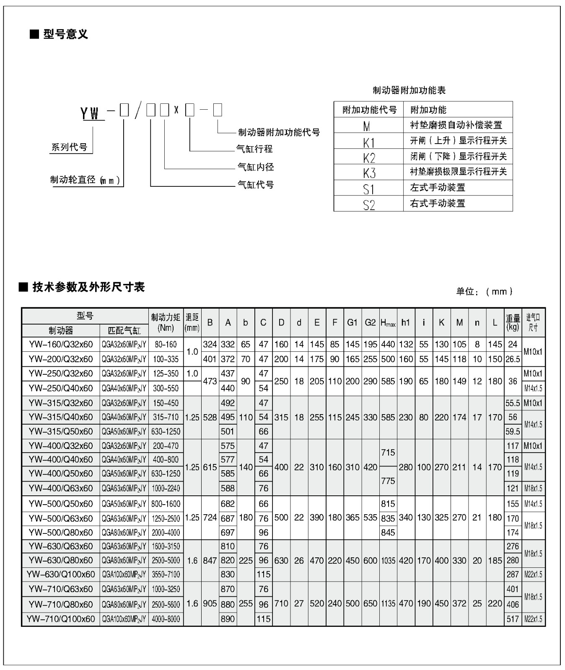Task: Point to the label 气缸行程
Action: [254, 149]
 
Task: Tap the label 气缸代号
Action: [255, 184]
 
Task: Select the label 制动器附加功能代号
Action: [279, 132]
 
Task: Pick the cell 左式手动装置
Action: [437, 188]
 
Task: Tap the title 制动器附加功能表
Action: [409, 90]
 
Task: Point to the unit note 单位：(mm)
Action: [484, 291]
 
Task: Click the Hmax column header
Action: [388, 323]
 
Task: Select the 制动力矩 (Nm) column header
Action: [166, 323]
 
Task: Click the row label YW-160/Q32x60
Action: [61, 345]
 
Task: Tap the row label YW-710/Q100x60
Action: [61, 619]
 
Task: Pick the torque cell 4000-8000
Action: [166, 619]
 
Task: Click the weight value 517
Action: [513, 619]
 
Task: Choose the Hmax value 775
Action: [388, 481]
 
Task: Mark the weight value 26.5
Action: [513, 359]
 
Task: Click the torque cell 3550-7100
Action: [166, 575]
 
